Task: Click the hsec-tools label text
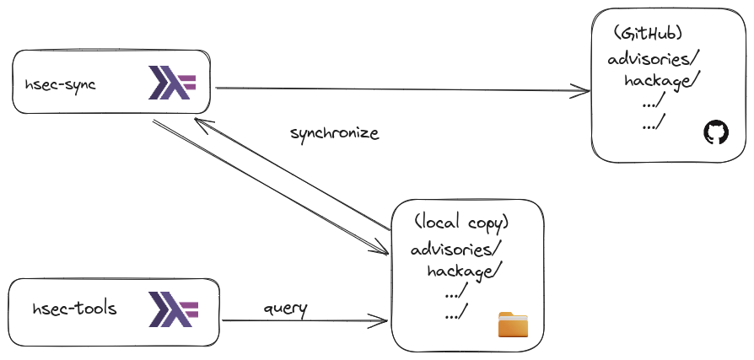[74, 309]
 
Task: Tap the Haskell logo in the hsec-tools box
[172, 309]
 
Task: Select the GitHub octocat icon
[714, 132]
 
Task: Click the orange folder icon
[512, 325]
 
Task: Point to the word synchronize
[335, 133]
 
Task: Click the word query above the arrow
[285, 308]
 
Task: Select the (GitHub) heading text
[649, 34]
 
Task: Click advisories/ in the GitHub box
[654, 59]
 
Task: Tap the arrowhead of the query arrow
[382, 320]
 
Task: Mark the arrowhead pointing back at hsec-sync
[199, 121]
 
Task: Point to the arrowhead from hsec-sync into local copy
[382, 250]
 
